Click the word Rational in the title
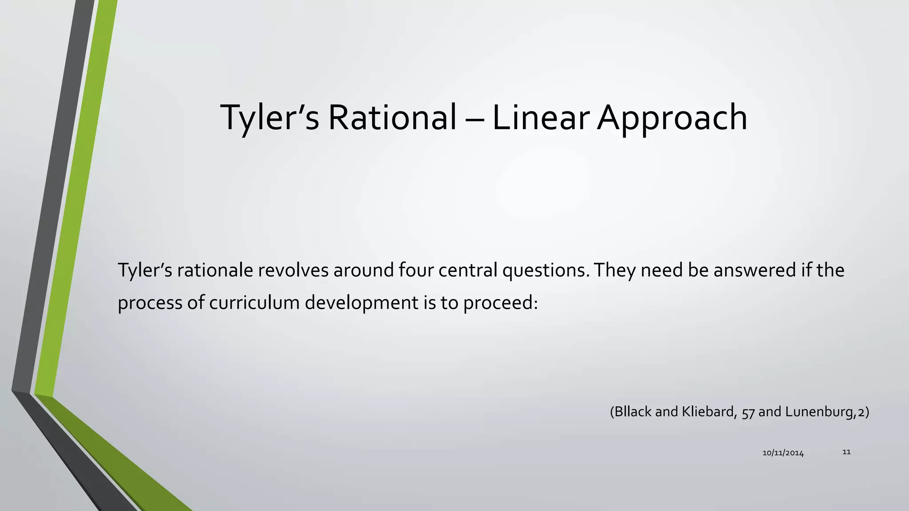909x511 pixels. coord(392,118)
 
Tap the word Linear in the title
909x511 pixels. coord(540,118)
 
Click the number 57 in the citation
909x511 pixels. coord(748,413)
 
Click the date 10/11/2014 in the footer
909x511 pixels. coord(783,453)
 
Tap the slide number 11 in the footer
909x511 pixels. coord(846,452)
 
